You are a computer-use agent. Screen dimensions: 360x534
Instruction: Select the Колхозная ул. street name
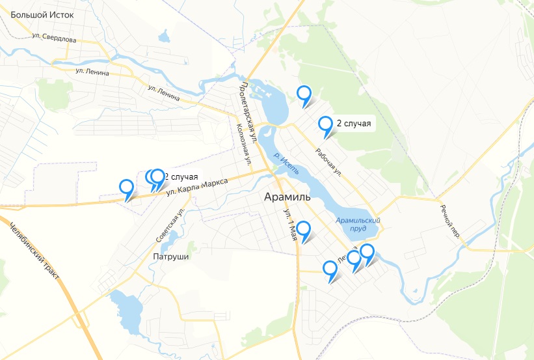coord(243,143)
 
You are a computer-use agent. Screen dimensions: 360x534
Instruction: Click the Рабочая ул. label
coord(328,161)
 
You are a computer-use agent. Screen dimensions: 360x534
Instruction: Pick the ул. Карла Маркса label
coord(197,186)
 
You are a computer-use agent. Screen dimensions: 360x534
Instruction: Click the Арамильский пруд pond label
coord(357,225)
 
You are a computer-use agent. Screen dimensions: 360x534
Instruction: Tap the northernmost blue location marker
coord(304,94)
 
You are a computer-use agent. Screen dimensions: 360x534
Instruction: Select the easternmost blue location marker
coord(367,252)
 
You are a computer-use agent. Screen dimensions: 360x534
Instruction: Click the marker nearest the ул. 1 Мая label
coord(303,230)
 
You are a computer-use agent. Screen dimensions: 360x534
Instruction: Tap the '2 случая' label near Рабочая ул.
coord(354,124)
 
